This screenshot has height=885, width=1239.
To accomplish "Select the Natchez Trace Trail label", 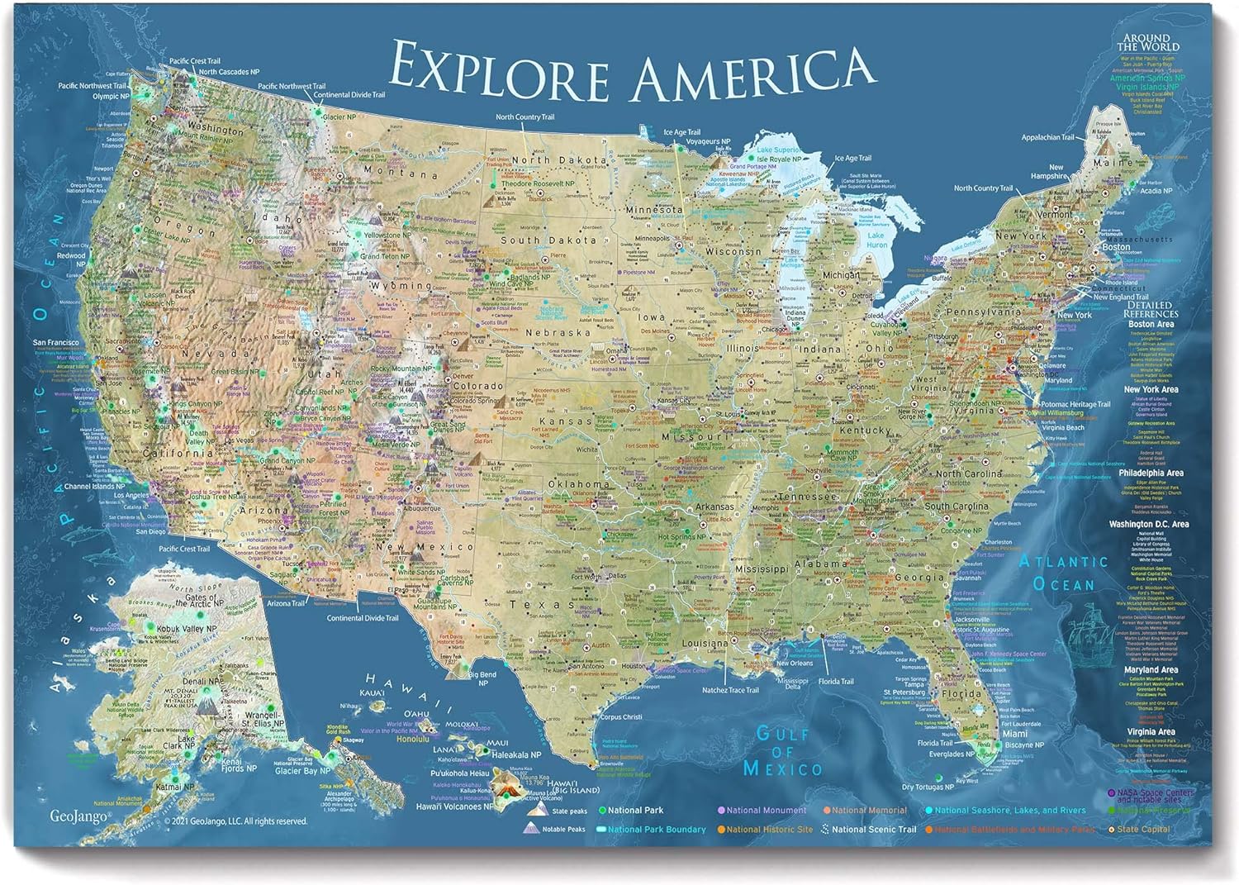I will coord(730,690).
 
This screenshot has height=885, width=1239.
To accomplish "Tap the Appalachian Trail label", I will coord(1047,137).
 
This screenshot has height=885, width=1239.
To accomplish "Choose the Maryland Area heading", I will coord(1150,670).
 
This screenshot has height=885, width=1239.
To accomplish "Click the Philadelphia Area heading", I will coord(1151,473).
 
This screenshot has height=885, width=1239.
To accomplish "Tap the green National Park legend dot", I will coord(602,811).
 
